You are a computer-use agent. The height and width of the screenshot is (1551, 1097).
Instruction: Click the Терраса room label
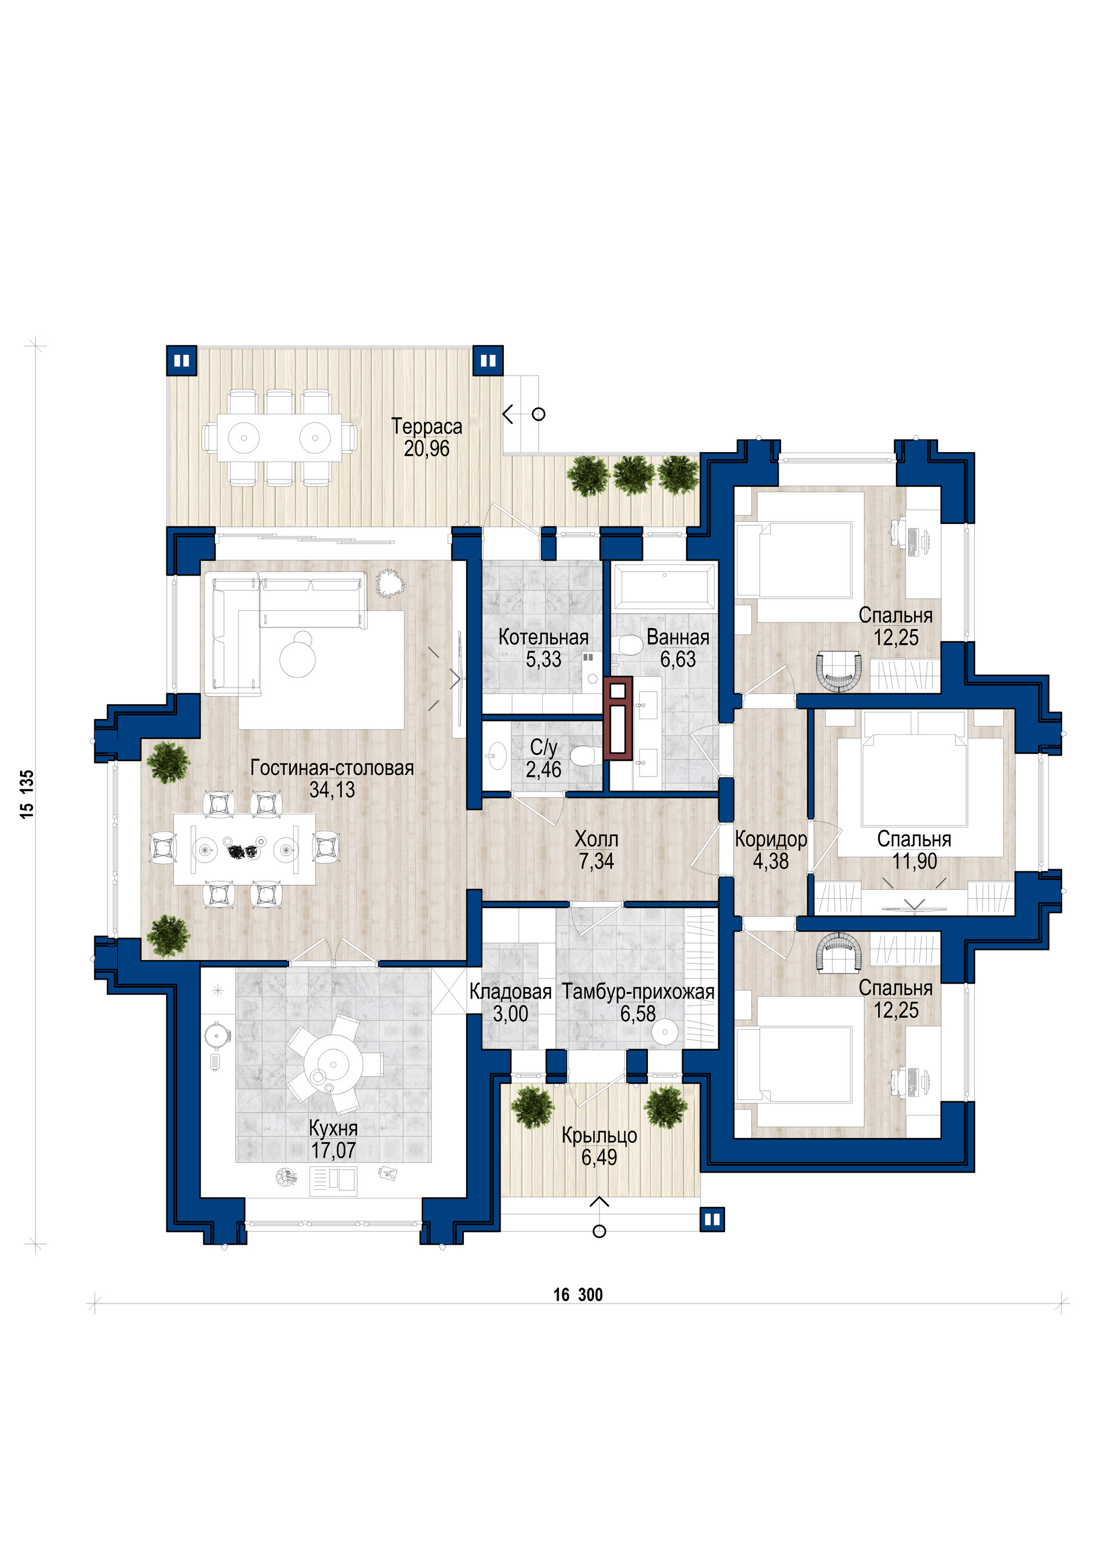(426, 427)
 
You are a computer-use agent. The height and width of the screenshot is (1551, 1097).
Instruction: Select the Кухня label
(333, 1128)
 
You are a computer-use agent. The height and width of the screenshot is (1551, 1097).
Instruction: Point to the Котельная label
(543, 637)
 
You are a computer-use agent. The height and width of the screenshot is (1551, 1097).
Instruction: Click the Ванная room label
(678, 637)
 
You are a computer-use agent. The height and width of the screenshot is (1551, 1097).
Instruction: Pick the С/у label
(543, 748)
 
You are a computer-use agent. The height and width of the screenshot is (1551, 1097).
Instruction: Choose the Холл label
(596, 839)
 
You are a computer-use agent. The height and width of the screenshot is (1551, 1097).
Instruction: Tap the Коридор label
(771, 840)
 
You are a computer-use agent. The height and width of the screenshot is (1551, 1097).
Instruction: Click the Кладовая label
(510, 992)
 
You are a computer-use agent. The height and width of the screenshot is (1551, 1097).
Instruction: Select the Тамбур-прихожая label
(638, 992)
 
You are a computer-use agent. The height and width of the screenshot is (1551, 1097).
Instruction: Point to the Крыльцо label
(599, 1136)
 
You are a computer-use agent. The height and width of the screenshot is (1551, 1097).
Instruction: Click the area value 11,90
(915, 861)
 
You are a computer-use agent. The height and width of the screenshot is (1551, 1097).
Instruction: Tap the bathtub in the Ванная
(664, 585)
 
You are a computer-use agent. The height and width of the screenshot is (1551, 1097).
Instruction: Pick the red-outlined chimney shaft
(618, 717)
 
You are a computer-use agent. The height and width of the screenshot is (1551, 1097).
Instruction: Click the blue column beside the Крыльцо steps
(712, 1220)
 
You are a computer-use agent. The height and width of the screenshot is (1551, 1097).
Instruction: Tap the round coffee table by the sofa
(298, 658)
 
